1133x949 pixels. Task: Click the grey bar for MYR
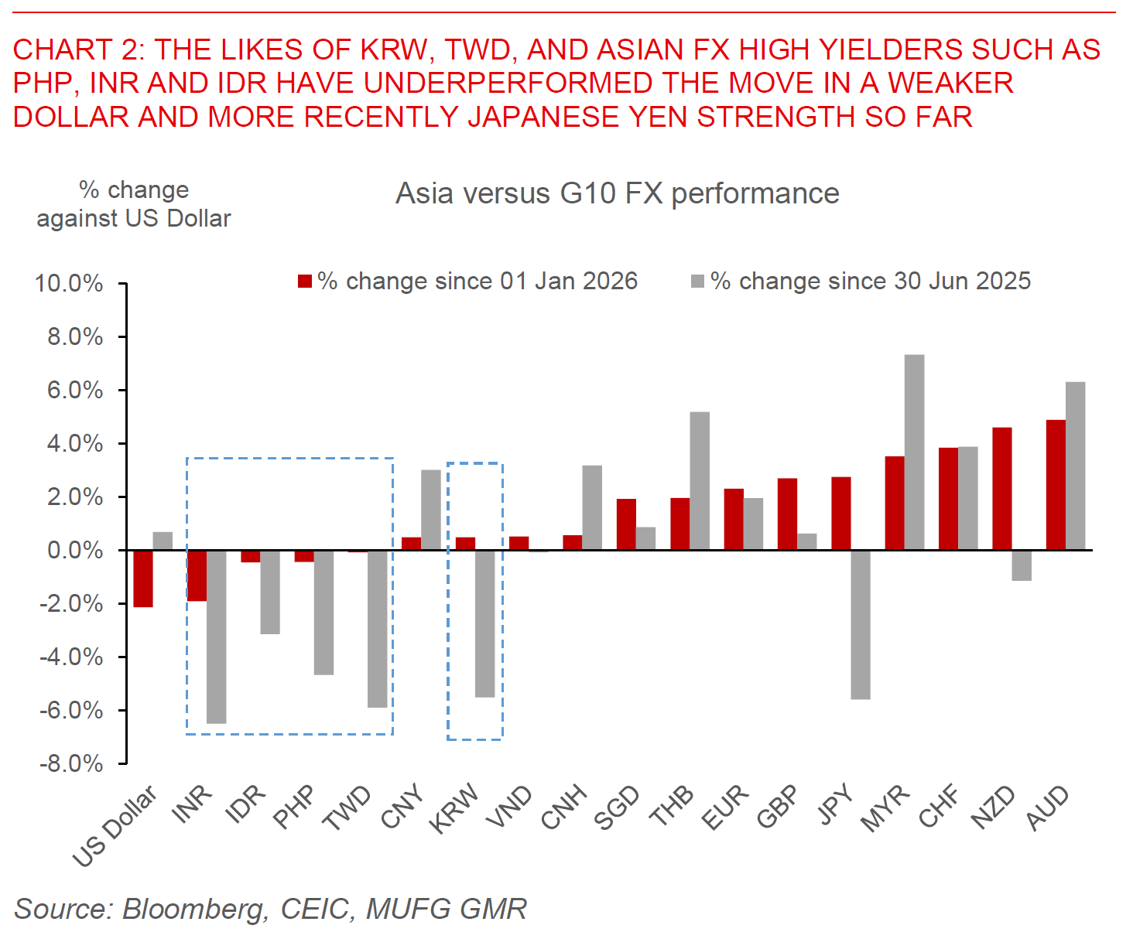coord(914,452)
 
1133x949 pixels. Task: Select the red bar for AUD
coord(1056,485)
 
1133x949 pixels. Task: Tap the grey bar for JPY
coord(861,624)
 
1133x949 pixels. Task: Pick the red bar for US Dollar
coord(143,579)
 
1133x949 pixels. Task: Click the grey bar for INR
coord(217,637)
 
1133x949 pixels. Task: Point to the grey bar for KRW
coord(484,623)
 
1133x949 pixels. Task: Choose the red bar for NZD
coord(1001,489)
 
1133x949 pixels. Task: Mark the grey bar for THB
coord(700,481)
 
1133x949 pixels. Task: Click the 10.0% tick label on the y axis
coord(69,283)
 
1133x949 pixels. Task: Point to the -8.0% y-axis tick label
coord(71,763)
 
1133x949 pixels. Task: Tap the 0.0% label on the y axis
coord(74,551)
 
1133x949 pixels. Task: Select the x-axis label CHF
coord(939,807)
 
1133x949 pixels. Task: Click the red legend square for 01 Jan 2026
coord(305,281)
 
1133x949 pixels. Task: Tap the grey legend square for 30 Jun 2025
coord(698,281)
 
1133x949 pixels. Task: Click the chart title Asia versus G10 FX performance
coord(617,193)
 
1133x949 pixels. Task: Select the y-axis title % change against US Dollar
coord(134,204)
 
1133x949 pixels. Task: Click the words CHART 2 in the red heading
coord(78,50)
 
